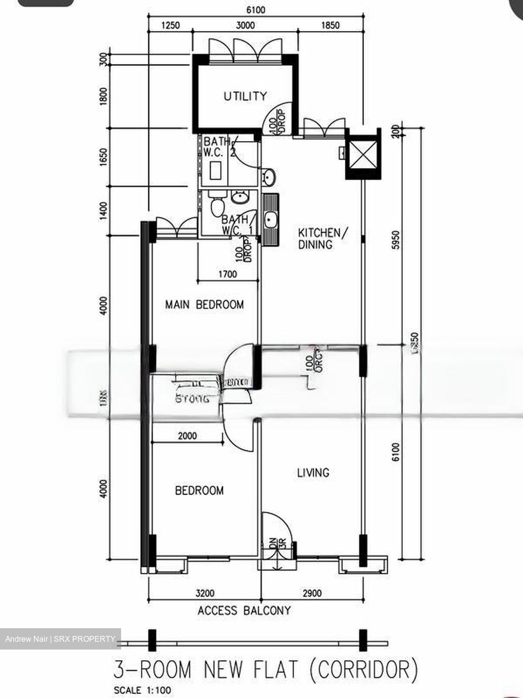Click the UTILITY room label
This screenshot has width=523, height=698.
pyautogui.click(x=245, y=96)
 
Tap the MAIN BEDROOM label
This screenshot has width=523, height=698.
pyautogui.click(x=204, y=305)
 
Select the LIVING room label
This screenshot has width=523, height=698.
pyautogui.click(x=313, y=472)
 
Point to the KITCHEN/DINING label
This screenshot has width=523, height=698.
pyautogui.click(x=322, y=238)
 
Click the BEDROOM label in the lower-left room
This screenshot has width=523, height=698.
pyautogui.click(x=199, y=491)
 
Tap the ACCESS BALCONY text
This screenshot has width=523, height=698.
pyautogui.click(x=244, y=611)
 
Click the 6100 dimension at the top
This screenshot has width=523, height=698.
pyautogui.click(x=255, y=10)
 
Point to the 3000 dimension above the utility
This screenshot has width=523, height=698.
pyautogui.click(x=245, y=25)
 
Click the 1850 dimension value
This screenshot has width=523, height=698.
pyautogui.click(x=330, y=25)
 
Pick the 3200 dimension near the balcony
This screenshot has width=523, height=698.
pyautogui.click(x=205, y=593)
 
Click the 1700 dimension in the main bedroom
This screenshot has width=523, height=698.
pyautogui.click(x=228, y=274)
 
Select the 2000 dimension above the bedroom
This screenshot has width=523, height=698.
pyautogui.click(x=187, y=436)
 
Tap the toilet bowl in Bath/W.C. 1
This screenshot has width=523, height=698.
pyautogui.click(x=216, y=206)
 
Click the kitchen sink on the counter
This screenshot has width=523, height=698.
pyautogui.click(x=270, y=221)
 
